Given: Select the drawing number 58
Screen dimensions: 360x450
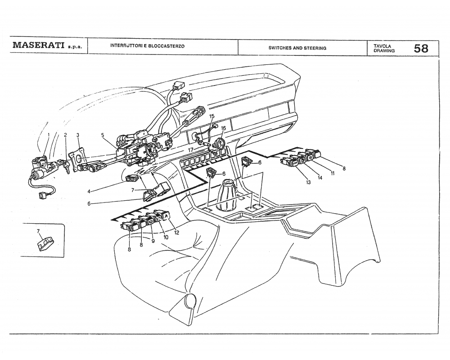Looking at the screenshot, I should (x=421, y=48).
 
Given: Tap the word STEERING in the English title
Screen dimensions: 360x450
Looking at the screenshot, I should (x=315, y=48).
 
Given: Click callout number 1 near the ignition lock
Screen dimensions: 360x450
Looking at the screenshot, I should (x=49, y=135).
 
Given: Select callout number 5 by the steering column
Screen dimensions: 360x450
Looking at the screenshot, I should (x=103, y=135).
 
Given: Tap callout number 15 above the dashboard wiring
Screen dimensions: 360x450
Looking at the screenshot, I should (x=212, y=117).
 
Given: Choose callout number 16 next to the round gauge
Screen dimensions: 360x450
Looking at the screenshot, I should (x=223, y=128).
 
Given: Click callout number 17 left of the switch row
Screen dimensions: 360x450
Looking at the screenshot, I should (x=191, y=150).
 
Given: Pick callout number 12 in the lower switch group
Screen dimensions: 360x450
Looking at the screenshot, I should (x=176, y=233).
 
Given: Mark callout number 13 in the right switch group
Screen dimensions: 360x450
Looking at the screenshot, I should (x=309, y=183).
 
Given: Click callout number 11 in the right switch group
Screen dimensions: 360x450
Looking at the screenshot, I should (x=333, y=174).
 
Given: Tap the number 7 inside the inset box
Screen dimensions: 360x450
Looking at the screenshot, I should (x=38, y=231).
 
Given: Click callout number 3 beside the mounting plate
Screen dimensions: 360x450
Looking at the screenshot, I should (x=78, y=135).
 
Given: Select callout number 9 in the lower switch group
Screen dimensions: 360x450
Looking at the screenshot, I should (x=153, y=241).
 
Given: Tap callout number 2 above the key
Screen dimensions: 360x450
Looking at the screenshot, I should (x=65, y=135).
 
